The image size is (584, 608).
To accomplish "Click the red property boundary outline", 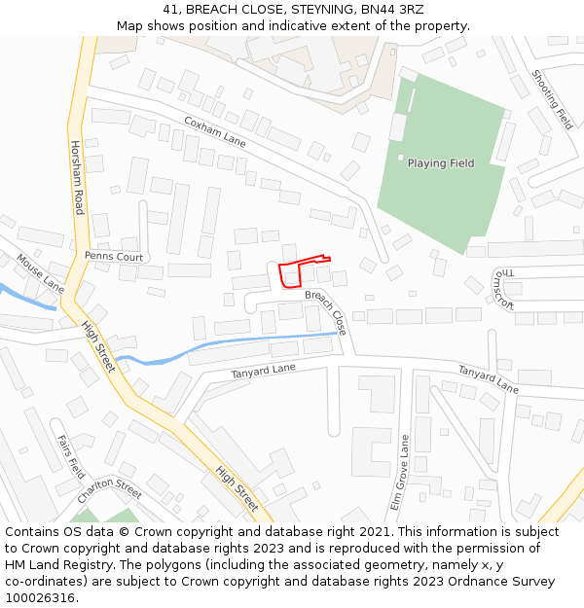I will coord(290,274).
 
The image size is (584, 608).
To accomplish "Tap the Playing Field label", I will coord(441,163).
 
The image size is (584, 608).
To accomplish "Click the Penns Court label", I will coord(114,257).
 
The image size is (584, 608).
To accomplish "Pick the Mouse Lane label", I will coord(40,274).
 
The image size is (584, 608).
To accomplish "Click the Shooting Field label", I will coord(552,99).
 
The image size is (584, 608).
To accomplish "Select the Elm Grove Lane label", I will coord(397,475).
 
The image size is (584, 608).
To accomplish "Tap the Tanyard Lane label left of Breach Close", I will coord(263,370).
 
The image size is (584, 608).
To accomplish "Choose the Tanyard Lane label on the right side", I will coord(489,378).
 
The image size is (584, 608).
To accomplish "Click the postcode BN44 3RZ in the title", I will coord(388,10).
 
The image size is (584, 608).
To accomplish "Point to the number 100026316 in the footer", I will coord(41,598).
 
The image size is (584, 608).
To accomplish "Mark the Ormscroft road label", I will coord(502,289).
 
